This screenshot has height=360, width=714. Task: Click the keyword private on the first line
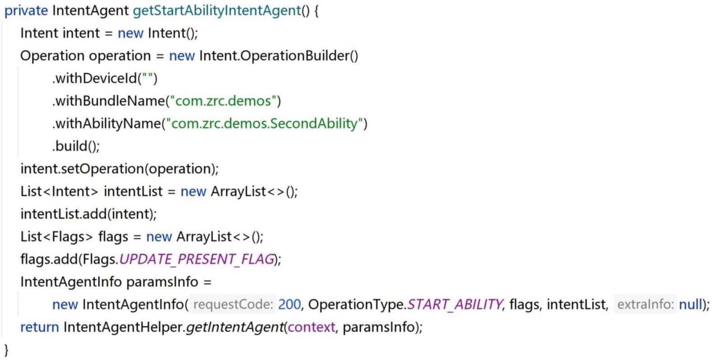tap(26, 11)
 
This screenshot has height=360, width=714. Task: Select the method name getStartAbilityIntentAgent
tap(217, 11)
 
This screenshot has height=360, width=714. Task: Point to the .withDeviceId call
tap(95, 79)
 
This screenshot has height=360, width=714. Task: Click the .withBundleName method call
tap(108, 101)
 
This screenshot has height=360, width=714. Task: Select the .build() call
tap(76, 146)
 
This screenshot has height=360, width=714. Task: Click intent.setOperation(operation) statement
tap(119, 169)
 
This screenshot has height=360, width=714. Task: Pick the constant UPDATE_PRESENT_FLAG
tap(197, 259)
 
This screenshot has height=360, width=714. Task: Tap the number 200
tap(289, 304)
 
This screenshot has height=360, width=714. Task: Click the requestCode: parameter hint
tap(233, 304)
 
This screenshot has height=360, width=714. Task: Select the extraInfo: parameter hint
tap(645, 304)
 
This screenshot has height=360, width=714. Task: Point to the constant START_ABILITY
tap(455, 304)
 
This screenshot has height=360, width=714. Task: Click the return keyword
tap(39, 327)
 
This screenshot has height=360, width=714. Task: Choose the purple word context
tap(312, 327)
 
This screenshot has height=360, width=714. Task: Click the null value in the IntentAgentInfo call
tap(691, 304)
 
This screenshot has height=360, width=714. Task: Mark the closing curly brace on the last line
tap(6, 350)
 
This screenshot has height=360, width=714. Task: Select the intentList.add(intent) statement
tap(89, 214)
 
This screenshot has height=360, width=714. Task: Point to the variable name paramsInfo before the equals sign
tap(162, 282)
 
